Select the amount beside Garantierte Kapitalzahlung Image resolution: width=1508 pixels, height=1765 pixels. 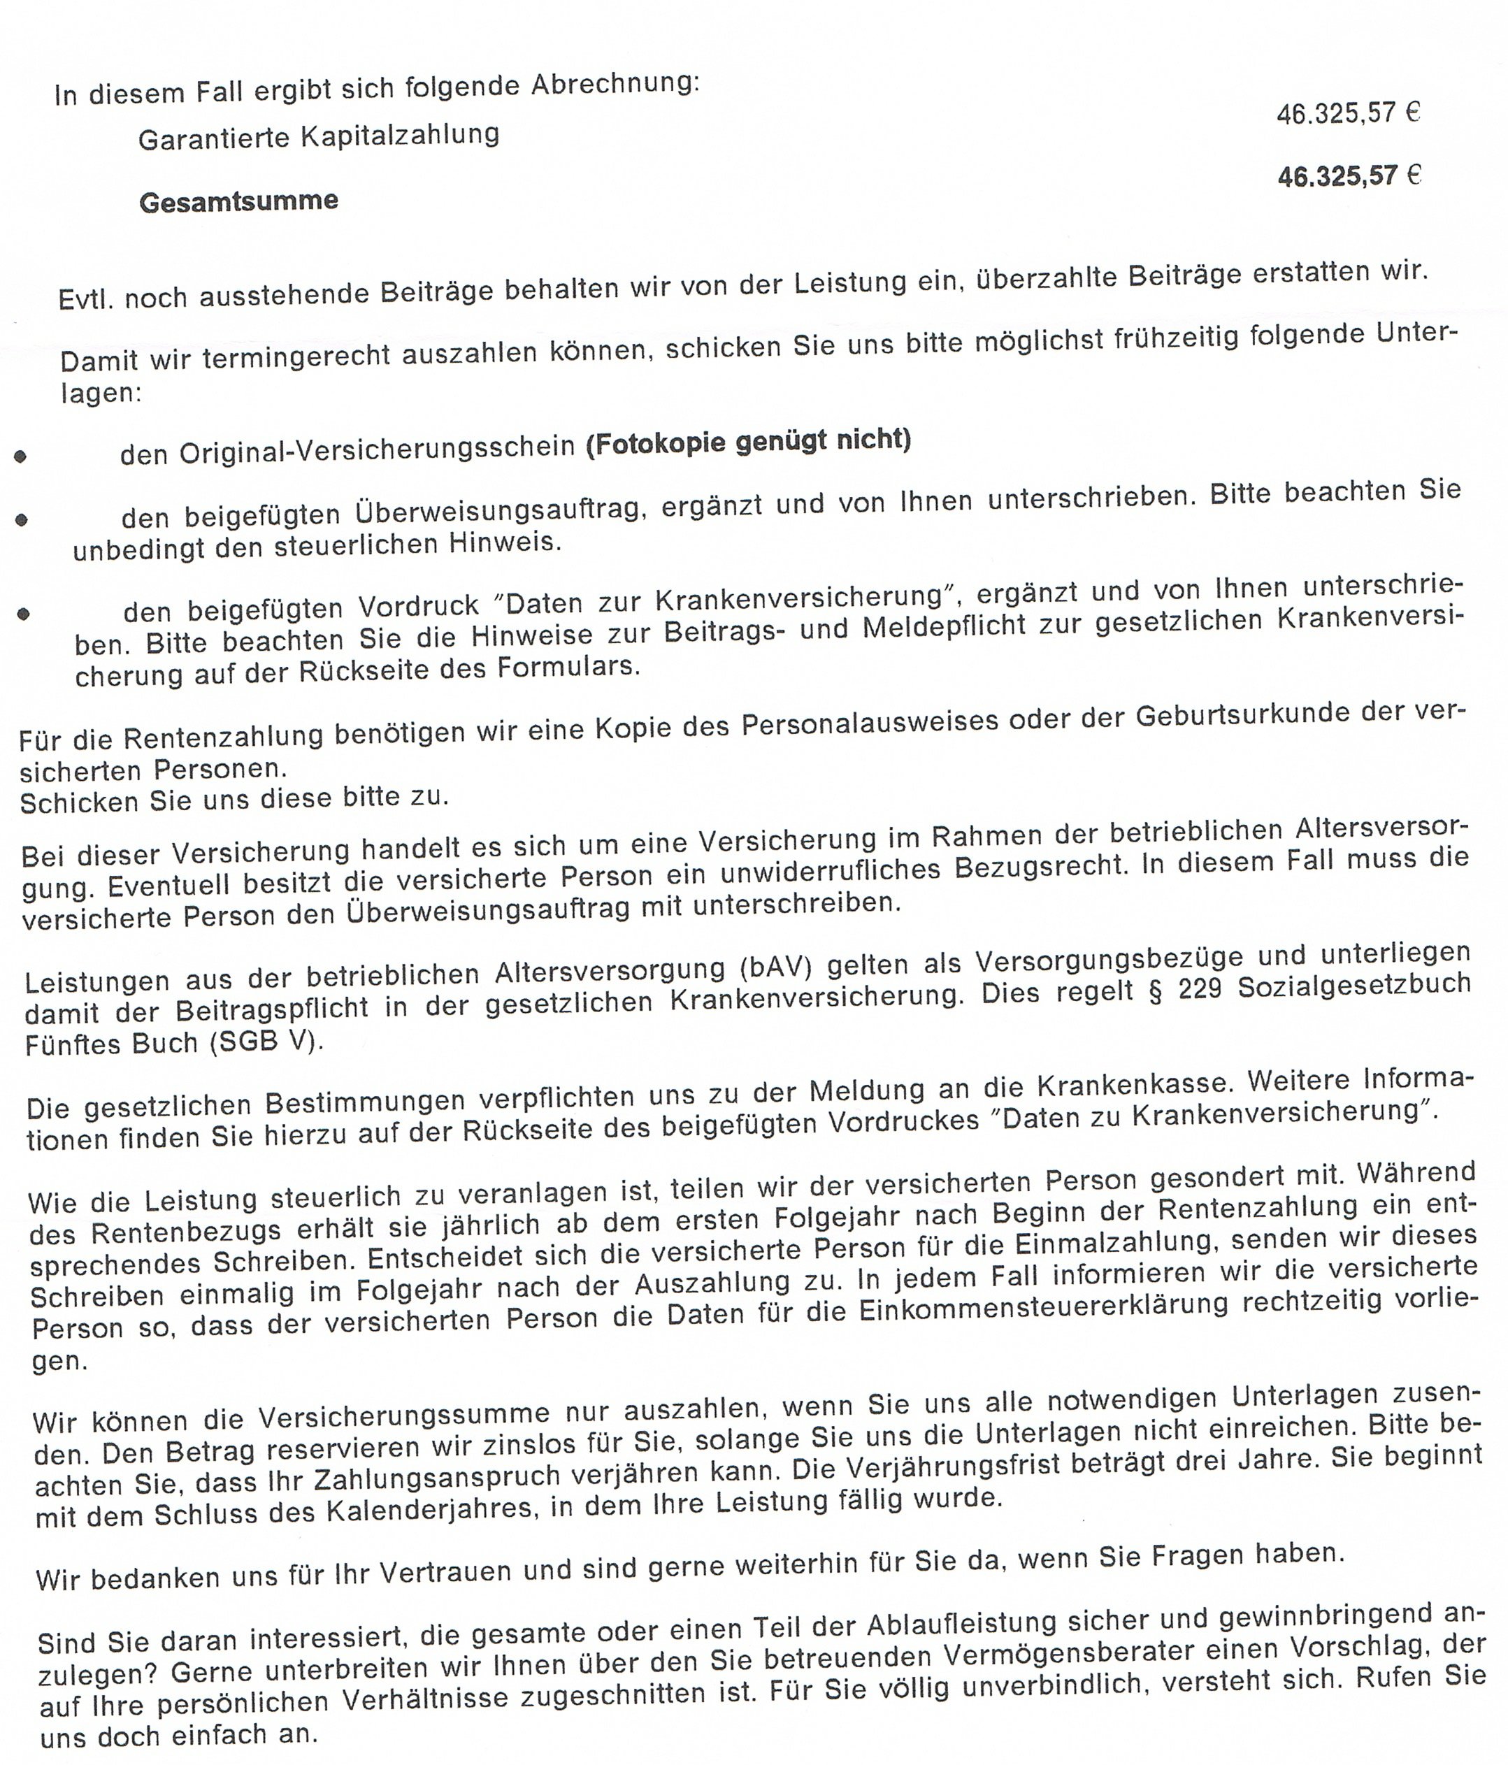pos(1348,113)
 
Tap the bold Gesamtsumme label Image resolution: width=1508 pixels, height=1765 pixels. pos(238,202)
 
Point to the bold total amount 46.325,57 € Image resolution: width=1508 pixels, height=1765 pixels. pos(1349,176)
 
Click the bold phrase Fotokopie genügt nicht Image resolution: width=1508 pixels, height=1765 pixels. pos(748,441)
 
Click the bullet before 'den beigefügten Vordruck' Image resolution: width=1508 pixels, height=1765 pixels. pos(23,613)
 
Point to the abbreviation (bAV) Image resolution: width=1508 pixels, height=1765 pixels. pos(775,969)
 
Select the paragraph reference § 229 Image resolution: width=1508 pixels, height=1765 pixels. pos(1184,988)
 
